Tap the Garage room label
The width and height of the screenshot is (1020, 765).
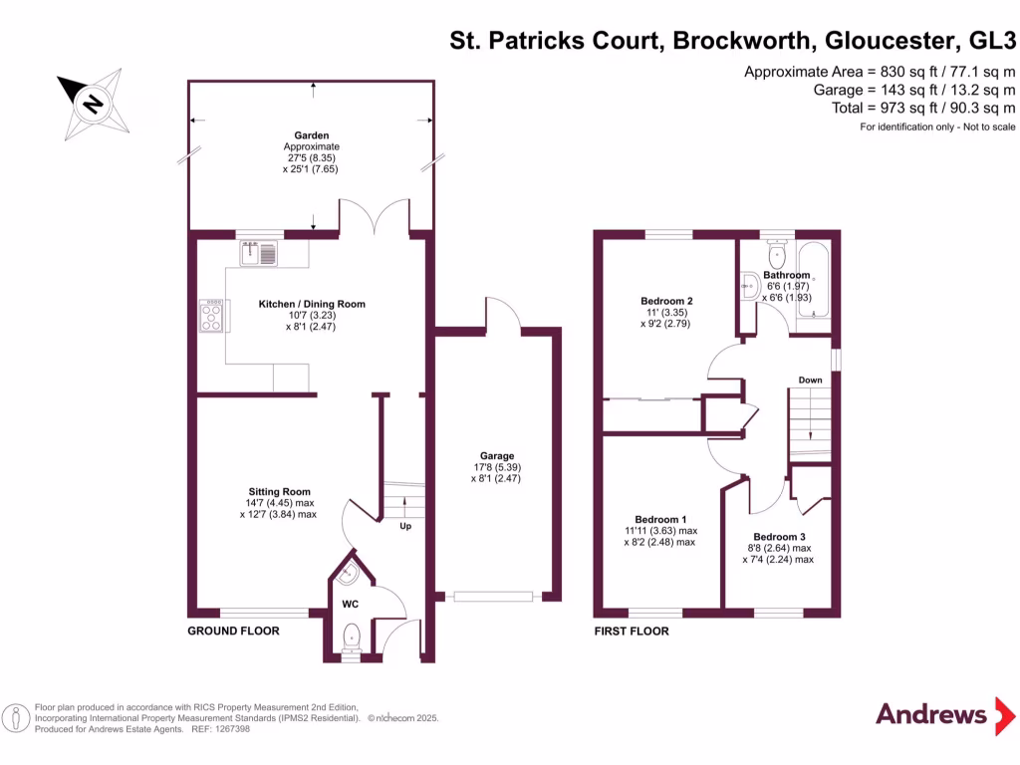click(495, 455)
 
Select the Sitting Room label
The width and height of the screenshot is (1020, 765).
click(279, 491)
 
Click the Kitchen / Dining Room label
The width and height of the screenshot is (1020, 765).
click(312, 304)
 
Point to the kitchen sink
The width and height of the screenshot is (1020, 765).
click(261, 255)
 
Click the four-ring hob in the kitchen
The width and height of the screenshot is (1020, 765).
click(212, 316)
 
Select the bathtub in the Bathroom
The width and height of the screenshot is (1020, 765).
click(813, 279)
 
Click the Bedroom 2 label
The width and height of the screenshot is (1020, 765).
click(666, 301)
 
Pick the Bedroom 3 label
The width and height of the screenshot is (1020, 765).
click(778, 536)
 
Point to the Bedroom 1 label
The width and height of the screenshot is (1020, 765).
click(660, 519)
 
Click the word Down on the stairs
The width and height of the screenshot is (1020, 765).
click(810, 381)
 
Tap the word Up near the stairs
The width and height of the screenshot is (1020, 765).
click(405, 526)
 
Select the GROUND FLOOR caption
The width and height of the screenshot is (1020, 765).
click(234, 631)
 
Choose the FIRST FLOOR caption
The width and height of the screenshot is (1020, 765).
click(632, 631)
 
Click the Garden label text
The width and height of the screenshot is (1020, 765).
click(311, 135)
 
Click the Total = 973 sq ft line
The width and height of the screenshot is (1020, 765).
click(923, 108)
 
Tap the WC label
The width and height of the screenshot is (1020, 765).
click(351, 605)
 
